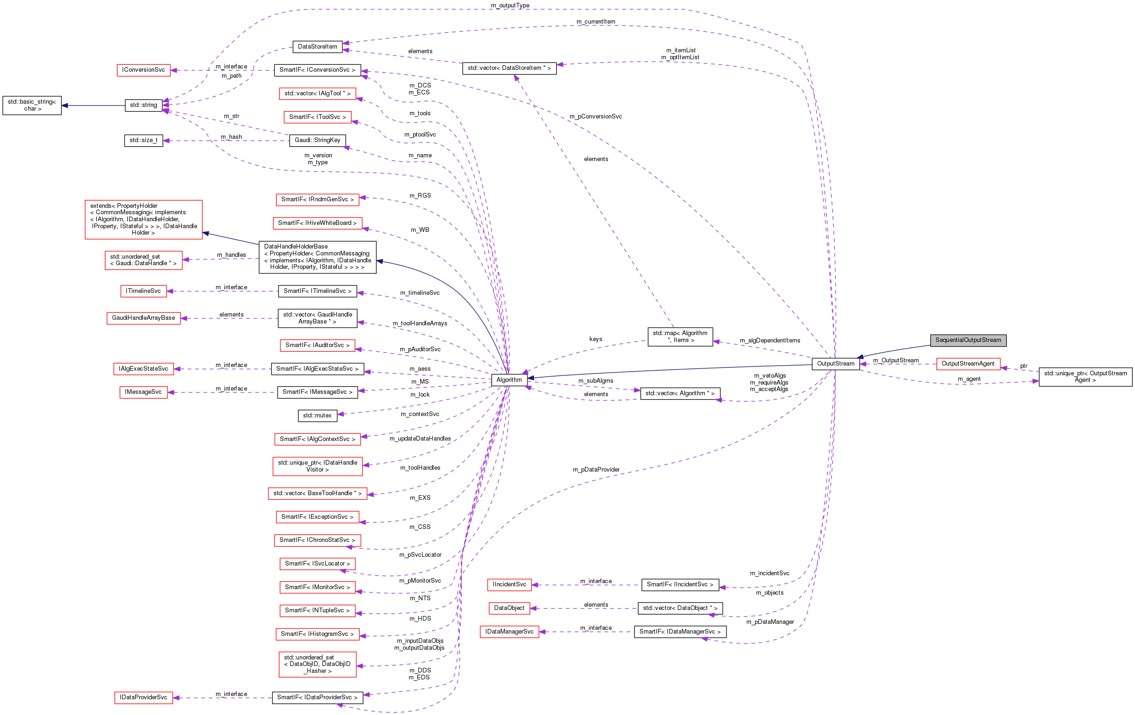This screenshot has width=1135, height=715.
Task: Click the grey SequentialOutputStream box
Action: pyautogui.click(x=968, y=340)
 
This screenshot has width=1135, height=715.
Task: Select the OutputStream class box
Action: pyautogui.click(x=835, y=363)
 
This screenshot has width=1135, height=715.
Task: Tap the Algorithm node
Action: pyautogui.click(x=509, y=379)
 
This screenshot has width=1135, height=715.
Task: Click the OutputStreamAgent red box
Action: pyautogui.click(x=968, y=363)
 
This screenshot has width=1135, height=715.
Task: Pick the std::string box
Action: pyautogui.click(x=143, y=105)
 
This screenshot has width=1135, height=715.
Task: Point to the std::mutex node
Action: pyautogui.click(x=317, y=415)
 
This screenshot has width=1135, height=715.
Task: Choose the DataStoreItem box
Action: pyautogui.click(x=317, y=46)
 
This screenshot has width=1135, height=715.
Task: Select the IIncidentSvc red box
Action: pyautogui.click(x=509, y=584)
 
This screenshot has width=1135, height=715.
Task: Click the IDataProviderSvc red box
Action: pyautogui.click(x=143, y=697)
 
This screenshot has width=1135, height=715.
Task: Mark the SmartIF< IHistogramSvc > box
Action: pyautogui.click(x=317, y=634)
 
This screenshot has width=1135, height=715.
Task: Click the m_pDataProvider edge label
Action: pyautogui.click(x=596, y=469)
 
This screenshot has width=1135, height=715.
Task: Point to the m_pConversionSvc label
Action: pyautogui.click(x=595, y=117)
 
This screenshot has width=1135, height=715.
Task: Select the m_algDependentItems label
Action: pyautogui.click(x=770, y=340)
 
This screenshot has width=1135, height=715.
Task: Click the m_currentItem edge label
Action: pyautogui.click(x=595, y=22)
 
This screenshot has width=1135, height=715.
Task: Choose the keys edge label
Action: pyautogui.click(x=595, y=339)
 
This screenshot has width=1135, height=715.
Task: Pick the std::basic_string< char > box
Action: pyautogui.click(x=32, y=105)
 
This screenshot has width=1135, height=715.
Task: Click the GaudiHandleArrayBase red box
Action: pyautogui.click(x=143, y=317)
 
